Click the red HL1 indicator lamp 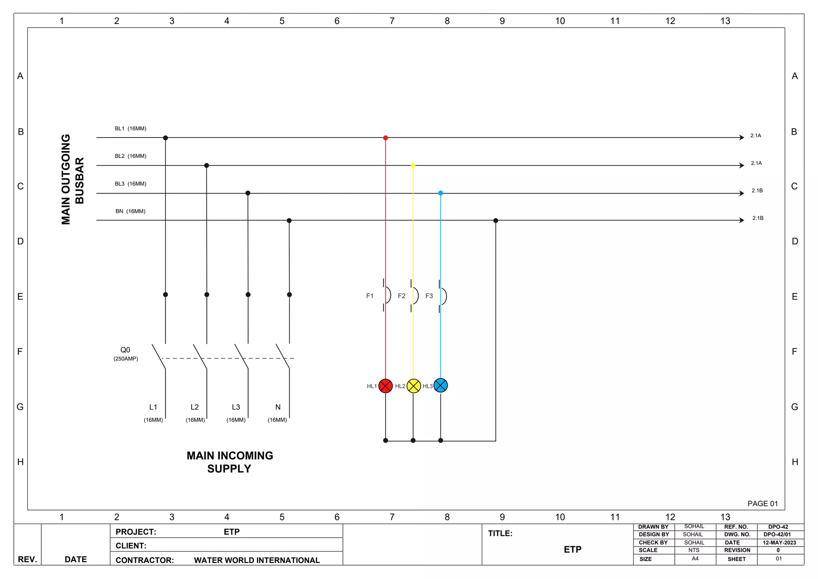385,386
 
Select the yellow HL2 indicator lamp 413,386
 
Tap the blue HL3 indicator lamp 441,385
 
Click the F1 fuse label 370,296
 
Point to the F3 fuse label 429,296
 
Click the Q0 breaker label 125,350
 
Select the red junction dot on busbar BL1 385,138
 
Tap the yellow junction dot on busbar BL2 413,165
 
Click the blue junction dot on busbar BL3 441,193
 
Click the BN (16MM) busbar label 130,211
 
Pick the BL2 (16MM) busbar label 130,156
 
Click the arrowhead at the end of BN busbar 742,220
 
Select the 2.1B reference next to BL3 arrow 757,191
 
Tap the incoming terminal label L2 195,407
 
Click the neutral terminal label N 278,407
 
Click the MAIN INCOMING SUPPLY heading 230,462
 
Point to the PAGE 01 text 762,503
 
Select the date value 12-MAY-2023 779,543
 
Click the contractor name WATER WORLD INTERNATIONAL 257,560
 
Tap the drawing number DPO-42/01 777,534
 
